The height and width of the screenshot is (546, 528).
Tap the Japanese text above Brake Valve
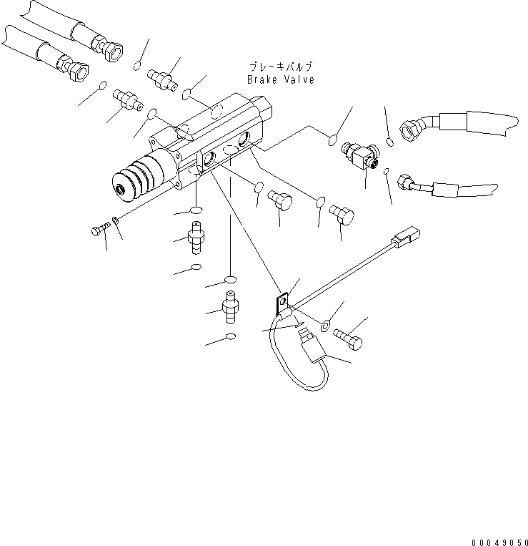pos(281,67)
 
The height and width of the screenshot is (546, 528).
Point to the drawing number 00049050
pos(500,542)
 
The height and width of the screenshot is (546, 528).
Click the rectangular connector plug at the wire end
pos(406,237)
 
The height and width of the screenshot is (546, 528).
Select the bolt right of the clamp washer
pos(348,339)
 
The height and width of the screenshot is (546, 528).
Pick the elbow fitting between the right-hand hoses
pos(361,155)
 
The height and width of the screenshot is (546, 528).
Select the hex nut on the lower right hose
pos(404,182)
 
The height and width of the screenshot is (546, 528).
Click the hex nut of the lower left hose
pos(79,71)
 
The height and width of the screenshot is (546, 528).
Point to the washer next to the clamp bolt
pos(325,326)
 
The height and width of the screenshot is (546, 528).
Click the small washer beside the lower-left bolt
pos(115,220)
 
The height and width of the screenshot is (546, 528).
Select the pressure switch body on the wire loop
pos(312,347)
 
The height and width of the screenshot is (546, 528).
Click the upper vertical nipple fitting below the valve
pos(196,238)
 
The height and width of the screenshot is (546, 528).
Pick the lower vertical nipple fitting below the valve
pos(230,307)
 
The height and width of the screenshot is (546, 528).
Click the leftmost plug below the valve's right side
pos(280,200)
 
